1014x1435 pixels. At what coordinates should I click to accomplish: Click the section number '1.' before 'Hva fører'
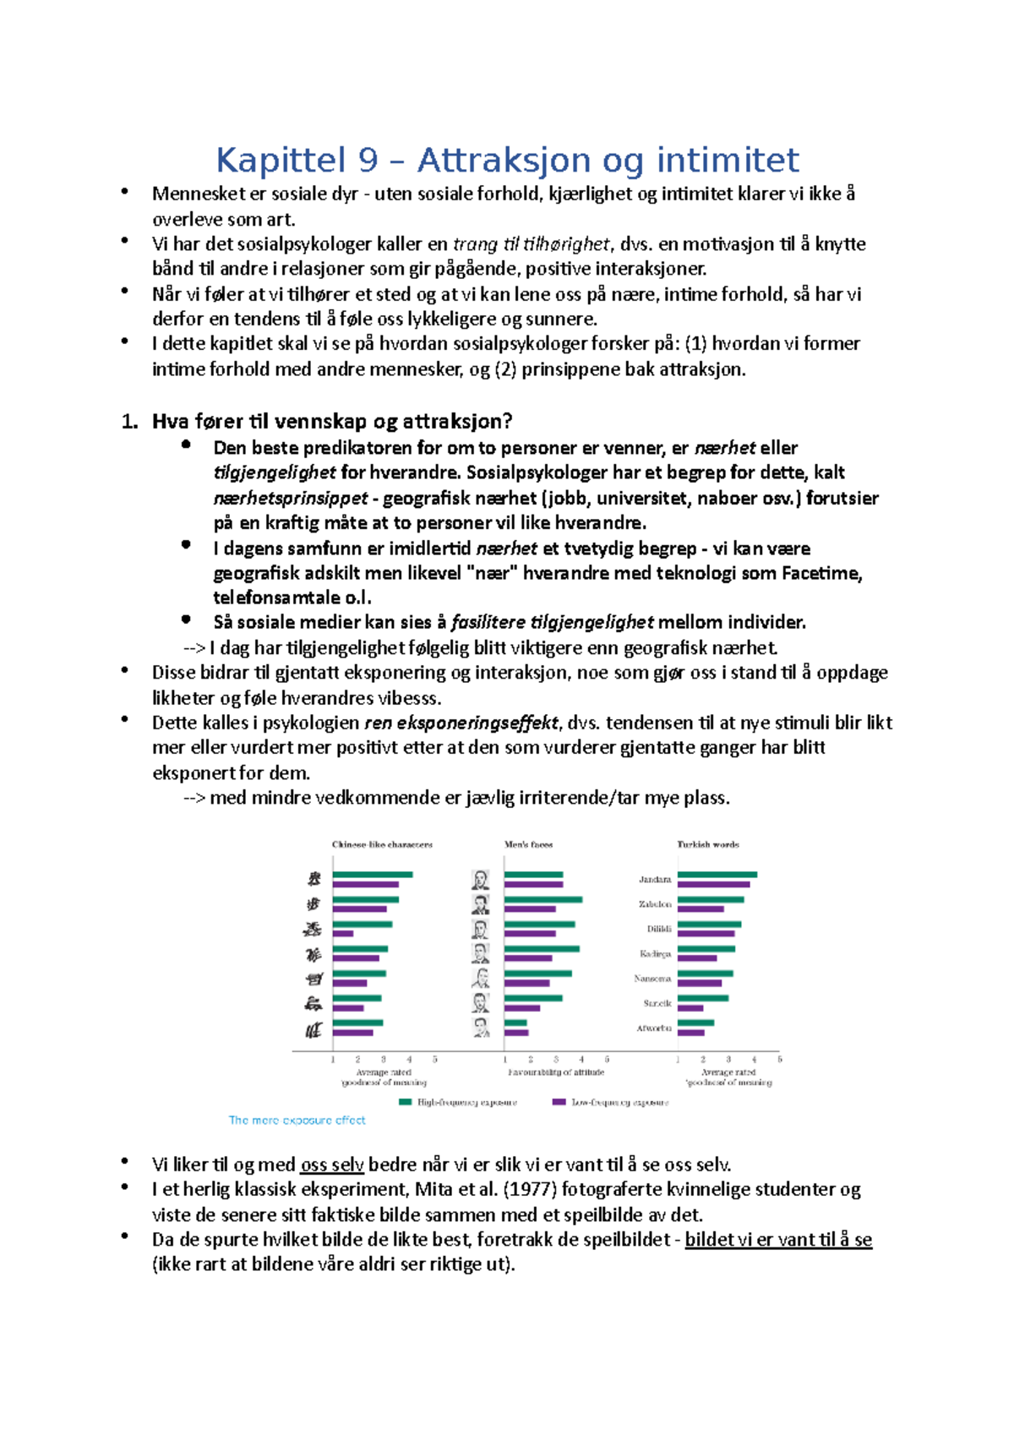[129, 422]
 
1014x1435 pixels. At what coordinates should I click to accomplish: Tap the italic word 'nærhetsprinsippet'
[290, 498]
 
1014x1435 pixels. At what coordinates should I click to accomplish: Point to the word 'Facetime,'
[821, 573]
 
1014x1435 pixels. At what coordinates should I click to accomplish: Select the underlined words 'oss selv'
[332, 1165]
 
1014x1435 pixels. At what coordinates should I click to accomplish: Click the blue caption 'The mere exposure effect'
[297, 1120]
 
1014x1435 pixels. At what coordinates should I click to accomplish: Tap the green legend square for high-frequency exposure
[405, 1102]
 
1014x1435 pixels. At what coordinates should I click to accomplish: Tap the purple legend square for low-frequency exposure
[559, 1102]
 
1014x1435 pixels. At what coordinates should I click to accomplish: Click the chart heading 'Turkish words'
[708, 844]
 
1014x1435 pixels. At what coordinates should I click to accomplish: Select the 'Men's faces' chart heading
[528, 844]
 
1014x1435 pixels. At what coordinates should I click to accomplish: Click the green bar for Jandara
[717, 875]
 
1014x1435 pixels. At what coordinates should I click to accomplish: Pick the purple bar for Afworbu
[690, 1033]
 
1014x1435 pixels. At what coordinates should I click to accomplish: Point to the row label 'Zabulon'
[654, 904]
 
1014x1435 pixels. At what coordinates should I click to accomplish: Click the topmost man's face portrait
[480, 880]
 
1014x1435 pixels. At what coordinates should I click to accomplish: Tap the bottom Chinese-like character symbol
[313, 1029]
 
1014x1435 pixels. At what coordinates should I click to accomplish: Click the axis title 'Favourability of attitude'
[556, 1072]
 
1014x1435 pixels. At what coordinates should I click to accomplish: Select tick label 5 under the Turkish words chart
[779, 1059]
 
